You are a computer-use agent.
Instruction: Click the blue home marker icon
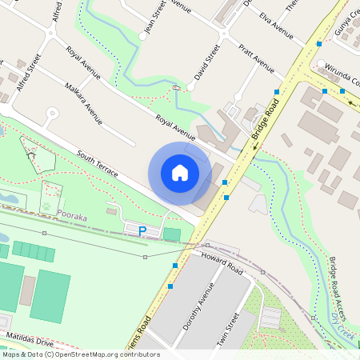(180, 172)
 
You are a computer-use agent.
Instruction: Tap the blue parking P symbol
(142, 231)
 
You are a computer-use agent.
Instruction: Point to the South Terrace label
(98, 163)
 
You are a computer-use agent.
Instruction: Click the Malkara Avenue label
(84, 104)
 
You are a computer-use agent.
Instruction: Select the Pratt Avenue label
(256, 60)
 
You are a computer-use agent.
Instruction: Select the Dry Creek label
(343, 328)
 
